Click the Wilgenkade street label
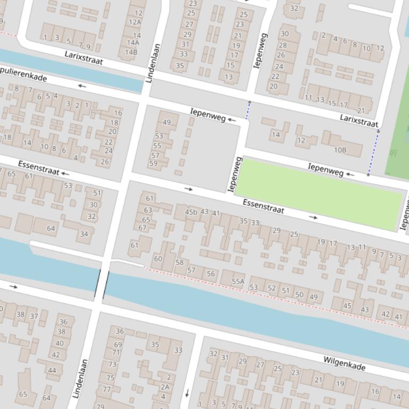pyautogui.click(x=344, y=363)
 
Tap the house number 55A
pyautogui.click(x=238, y=281)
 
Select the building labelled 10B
pyautogui.click(x=340, y=150)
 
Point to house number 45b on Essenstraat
pyautogui.click(x=190, y=212)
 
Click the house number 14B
pyautogui.click(x=131, y=52)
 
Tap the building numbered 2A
pyautogui.click(x=165, y=387)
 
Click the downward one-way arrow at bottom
pyautogui.click(x=187, y=393)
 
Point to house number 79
pyautogui.click(x=100, y=406)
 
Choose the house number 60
pyautogui.click(x=158, y=259)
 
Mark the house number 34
pyautogui.click(x=84, y=234)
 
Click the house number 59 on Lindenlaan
pyautogui.click(x=153, y=163)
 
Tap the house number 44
pyautogui.click(x=52, y=370)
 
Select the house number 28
pyautogui.click(x=282, y=45)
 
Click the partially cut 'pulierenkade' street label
pyautogui.click(x=24, y=74)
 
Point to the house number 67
pyautogui.click(x=143, y=227)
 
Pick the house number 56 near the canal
pyautogui.click(x=211, y=274)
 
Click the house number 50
pyautogui.click(x=299, y=295)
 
